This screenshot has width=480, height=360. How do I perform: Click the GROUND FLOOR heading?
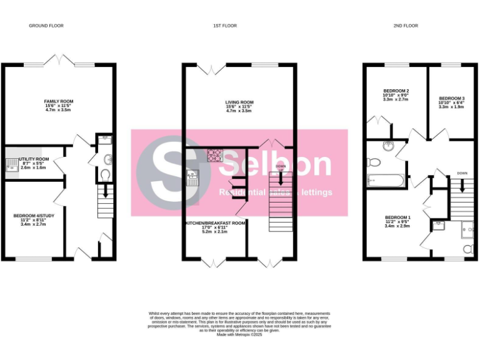(x=46, y=26)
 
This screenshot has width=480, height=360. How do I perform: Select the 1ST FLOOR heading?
(x=225, y=26)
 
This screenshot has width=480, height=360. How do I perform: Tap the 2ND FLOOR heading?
(x=406, y=26)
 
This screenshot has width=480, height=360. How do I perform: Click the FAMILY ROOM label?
(x=59, y=101)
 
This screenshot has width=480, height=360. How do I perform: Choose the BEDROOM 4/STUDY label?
(x=34, y=216)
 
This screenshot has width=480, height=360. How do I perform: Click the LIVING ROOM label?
(x=239, y=102)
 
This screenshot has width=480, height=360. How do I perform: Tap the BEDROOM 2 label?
(x=396, y=91)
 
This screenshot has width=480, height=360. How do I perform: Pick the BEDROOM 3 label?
(x=451, y=98)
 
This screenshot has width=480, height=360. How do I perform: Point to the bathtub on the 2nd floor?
(x=383, y=181)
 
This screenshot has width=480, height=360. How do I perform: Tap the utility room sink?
(x=11, y=164)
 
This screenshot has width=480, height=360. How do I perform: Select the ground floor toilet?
(x=104, y=174)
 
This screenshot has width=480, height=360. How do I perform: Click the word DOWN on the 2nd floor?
(x=462, y=173)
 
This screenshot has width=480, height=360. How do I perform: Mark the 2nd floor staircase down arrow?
(x=462, y=186)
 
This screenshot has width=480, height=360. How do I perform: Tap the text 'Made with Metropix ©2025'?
(x=239, y=334)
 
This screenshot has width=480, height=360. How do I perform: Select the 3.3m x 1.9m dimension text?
(x=451, y=107)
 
